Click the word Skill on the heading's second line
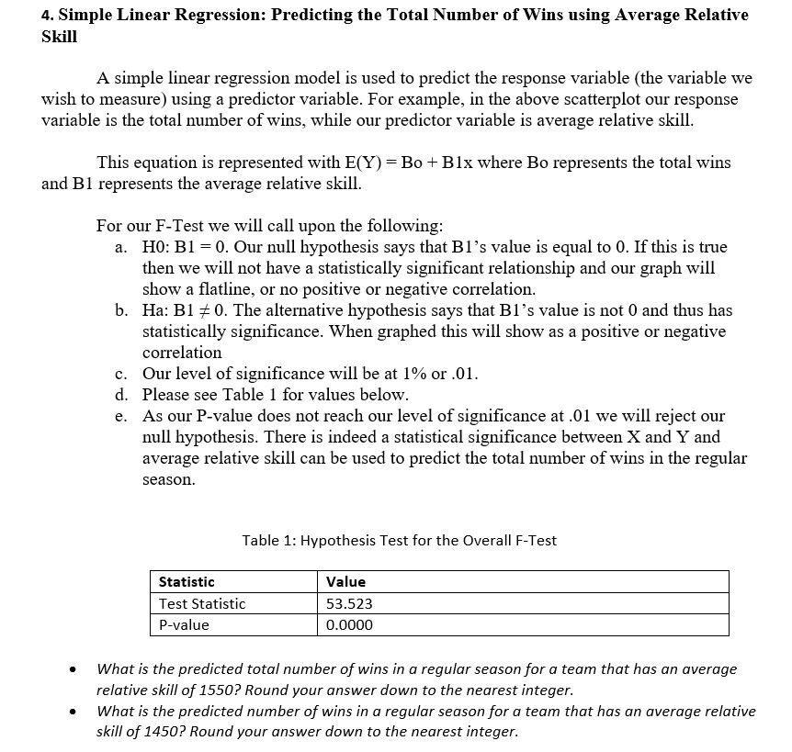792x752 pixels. (60, 37)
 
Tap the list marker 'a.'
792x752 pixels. (121, 248)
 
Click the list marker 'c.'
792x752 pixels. (121, 374)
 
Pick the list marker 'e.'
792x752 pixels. (121, 416)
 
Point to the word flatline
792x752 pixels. (211, 289)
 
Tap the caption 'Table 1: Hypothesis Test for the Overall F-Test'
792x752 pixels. (399, 541)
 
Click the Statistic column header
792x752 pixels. (187, 581)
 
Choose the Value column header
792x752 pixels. (345, 581)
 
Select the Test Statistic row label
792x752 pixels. (202, 603)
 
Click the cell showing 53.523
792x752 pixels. (350, 603)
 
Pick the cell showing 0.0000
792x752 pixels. (350, 625)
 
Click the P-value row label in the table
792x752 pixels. (184, 625)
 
